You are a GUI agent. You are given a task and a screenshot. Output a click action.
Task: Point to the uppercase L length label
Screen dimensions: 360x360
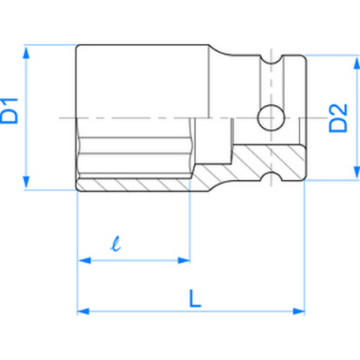pyautogui.click(x=194, y=297)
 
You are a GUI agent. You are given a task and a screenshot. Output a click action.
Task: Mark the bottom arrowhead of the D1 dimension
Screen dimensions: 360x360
pyautogui.click(x=28, y=186)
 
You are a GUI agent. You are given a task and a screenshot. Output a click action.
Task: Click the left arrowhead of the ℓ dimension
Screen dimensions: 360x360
pyautogui.click(x=82, y=259)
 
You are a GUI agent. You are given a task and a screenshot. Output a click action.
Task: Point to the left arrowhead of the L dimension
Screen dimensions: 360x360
pyautogui.click(x=82, y=311)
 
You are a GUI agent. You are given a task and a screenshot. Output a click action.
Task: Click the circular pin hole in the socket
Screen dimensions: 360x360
pyautogui.click(x=271, y=118)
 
